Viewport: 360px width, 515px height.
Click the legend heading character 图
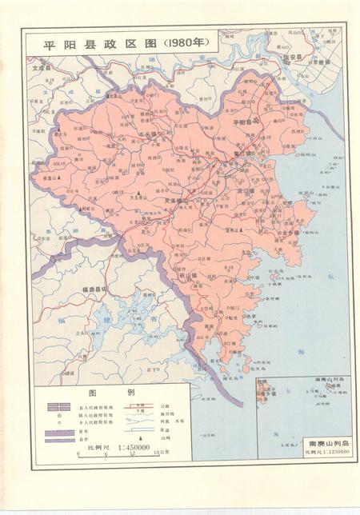(x=93, y=393)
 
